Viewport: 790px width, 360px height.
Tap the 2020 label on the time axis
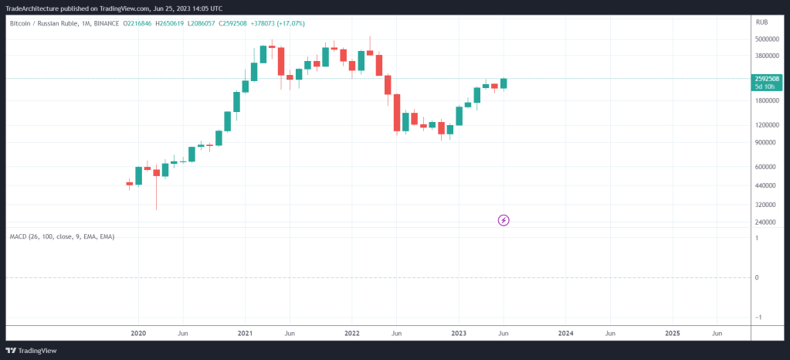[138, 334]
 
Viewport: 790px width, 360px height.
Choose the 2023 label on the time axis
[458, 334]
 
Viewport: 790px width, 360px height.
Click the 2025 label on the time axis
[672, 334]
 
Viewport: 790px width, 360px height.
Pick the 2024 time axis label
[565, 334]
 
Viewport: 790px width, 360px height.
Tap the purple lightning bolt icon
[503, 220]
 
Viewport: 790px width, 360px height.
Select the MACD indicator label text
[62, 236]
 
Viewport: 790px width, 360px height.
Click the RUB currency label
[761, 24]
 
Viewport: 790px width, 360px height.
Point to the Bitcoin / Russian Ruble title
[46, 24]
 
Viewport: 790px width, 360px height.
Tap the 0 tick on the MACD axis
[758, 277]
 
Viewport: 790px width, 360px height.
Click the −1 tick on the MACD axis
[757, 318]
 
